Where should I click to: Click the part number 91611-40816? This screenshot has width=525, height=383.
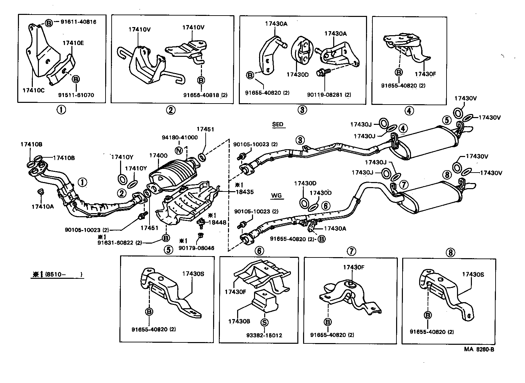click(78, 22)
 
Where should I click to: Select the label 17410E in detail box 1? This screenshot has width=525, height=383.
click(73, 43)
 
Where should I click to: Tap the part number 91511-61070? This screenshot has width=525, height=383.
click(76, 95)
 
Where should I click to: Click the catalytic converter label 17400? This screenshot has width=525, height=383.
click(158, 155)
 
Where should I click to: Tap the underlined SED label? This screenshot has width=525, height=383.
click(277, 124)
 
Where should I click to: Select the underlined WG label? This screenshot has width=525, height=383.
click(276, 196)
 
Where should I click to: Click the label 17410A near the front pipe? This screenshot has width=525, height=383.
click(43, 206)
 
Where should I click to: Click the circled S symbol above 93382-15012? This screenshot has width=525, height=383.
click(264, 322)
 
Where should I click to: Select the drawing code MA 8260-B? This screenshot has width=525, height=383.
click(477, 350)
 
